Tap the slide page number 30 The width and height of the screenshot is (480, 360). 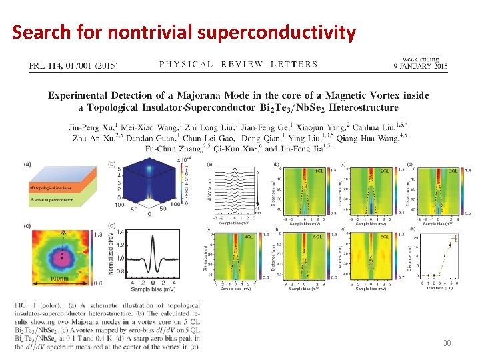pos(447,343)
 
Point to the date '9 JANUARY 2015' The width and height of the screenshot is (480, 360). pos(420,66)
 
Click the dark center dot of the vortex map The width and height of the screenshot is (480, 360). pos(63,254)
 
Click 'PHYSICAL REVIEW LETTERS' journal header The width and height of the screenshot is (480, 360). pos(239,65)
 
